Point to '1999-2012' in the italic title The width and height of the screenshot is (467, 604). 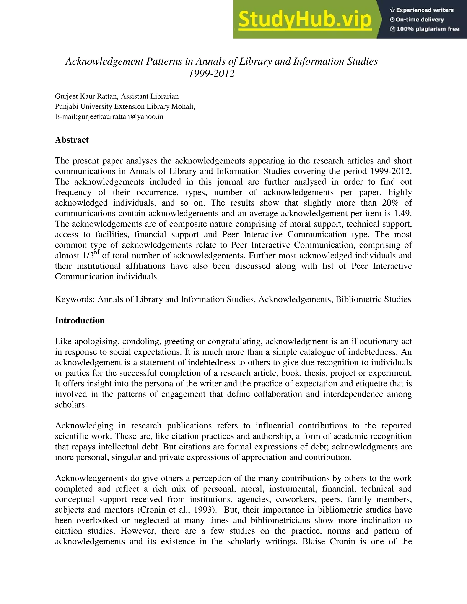coord(211,74)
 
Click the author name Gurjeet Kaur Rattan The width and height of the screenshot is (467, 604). coord(86,96)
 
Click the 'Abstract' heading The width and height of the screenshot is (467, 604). coord(72,140)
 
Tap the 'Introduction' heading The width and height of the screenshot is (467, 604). coord(80,320)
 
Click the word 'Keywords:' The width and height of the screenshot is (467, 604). coord(75,299)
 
